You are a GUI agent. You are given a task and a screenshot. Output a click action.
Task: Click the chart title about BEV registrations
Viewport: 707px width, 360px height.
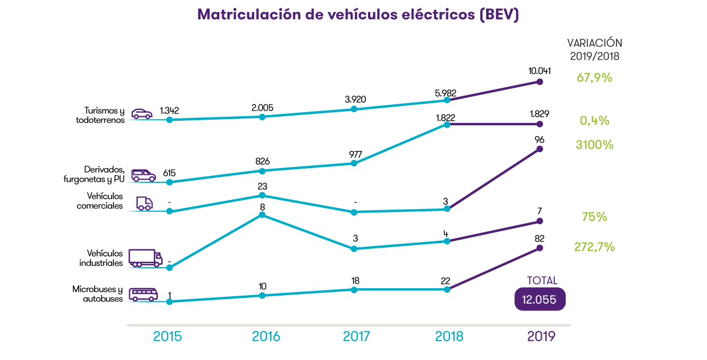click(x=358, y=15)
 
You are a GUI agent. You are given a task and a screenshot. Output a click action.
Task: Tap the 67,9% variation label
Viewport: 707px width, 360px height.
click(x=594, y=77)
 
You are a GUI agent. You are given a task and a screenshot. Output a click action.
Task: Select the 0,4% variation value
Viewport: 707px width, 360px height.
click(x=594, y=121)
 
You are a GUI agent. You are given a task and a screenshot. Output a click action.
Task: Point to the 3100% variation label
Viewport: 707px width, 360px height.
click(x=594, y=145)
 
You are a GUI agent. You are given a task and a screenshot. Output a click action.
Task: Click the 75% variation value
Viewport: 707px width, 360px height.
click(x=594, y=217)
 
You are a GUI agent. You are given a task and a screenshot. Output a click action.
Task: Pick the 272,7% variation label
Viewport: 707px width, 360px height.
click(x=594, y=247)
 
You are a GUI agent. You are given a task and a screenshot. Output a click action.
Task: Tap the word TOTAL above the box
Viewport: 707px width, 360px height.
click(x=542, y=281)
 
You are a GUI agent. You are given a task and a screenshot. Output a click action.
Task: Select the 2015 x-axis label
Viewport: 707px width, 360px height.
click(x=167, y=337)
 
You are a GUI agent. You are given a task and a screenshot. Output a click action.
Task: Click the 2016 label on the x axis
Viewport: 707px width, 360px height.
click(x=266, y=337)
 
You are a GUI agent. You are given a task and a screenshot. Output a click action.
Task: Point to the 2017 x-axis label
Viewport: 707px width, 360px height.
click(x=356, y=337)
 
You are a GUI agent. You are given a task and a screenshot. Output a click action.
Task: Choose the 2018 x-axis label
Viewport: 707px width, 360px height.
click(x=449, y=337)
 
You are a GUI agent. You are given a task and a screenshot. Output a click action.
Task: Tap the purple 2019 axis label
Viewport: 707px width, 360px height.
click(x=541, y=337)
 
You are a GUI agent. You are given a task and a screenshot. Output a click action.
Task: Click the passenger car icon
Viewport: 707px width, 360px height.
click(x=142, y=113)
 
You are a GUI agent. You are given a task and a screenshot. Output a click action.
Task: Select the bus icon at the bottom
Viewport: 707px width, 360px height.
click(x=143, y=294)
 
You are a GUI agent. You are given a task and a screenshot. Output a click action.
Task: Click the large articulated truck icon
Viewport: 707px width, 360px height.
click(x=145, y=257)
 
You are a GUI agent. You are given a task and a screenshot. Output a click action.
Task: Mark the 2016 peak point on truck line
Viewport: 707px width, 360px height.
click(x=262, y=215)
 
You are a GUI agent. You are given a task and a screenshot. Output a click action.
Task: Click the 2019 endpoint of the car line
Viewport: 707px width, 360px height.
click(x=540, y=81)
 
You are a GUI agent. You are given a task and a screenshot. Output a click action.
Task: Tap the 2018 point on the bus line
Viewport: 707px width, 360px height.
click(x=447, y=289)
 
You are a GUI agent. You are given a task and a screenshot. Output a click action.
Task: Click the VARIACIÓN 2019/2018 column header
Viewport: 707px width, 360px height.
click(x=594, y=50)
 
